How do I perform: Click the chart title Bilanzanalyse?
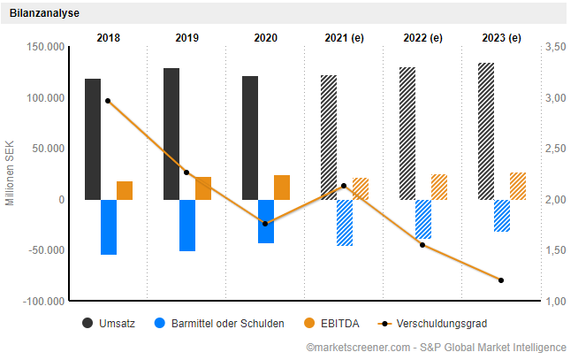[x=47, y=13]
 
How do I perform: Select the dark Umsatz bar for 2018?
[x=93, y=139]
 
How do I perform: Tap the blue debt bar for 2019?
[x=187, y=225]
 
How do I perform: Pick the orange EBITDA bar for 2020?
[x=282, y=187]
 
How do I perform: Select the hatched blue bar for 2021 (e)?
[x=345, y=222]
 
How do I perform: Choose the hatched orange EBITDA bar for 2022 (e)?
[x=439, y=187]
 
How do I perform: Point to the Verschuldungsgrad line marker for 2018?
[x=108, y=101]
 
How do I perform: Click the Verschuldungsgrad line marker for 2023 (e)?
[x=501, y=280]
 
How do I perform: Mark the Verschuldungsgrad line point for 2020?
[x=265, y=224]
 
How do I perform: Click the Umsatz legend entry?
[x=110, y=324]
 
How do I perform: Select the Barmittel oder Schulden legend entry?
[x=220, y=324]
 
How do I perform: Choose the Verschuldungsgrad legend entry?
[x=432, y=324]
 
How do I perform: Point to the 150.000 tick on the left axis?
[x=46, y=46]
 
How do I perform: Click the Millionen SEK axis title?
[x=11, y=173]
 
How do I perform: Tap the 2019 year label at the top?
[x=186, y=37]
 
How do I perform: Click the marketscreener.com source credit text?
[x=434, y=350]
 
